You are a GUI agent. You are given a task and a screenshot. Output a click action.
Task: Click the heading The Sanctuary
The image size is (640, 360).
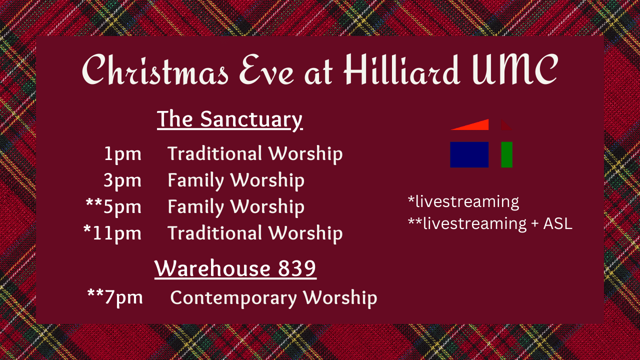(x=229, y=120)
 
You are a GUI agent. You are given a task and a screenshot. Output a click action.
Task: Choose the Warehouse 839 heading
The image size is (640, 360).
(x=235, y=268)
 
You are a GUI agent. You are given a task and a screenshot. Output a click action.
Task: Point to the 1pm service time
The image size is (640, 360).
(x=122, y=154)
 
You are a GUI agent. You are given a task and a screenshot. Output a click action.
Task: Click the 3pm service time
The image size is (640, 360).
(x=122, y=180)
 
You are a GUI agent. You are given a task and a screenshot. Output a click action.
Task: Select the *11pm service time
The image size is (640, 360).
(x=112, y=233)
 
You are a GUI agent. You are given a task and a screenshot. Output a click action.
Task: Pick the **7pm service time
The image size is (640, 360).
(x=115, y=297)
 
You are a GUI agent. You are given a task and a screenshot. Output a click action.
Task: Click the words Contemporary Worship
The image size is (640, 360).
(x=273, y=297)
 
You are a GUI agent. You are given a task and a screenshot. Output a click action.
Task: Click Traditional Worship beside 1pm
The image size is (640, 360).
(x=255, y=154)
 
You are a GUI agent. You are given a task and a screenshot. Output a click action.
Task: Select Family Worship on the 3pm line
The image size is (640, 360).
(x=235, y=180)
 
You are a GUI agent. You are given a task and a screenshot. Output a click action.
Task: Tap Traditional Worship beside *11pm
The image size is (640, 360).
(x=255, y=233)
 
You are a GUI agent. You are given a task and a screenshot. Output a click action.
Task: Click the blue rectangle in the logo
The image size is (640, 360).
(x=469, y=154)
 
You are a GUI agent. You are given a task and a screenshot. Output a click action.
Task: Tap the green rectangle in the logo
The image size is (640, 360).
(x=506, y=154)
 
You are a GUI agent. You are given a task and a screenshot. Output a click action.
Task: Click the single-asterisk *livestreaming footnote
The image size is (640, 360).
(x=463, y=202)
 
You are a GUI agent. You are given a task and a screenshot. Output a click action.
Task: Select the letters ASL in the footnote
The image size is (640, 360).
(x=558, y=223)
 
